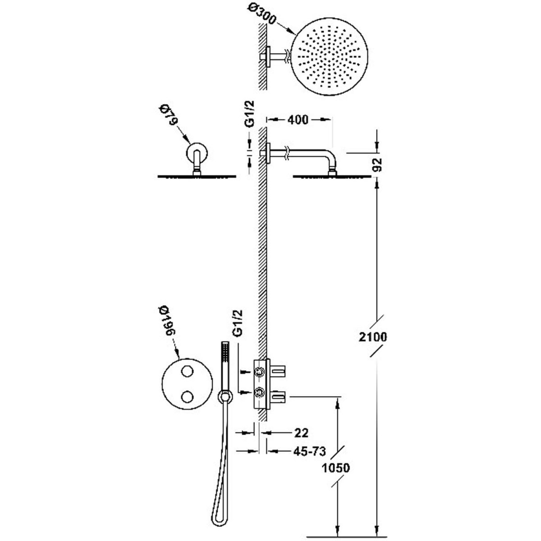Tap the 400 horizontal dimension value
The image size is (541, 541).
(x=298, y=120)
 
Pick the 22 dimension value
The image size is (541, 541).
(x=301, y=433)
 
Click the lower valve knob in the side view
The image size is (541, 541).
(x=259, y=392)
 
